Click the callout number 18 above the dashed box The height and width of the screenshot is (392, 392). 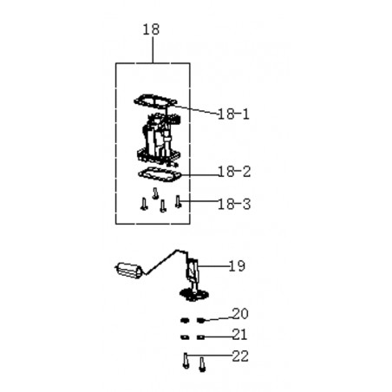click(151, 29)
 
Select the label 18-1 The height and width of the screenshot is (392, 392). click(233, 114)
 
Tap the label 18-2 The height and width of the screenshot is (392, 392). click(234, 172)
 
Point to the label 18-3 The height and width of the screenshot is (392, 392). click(234, 204)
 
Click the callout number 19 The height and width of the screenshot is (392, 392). click(237, 266)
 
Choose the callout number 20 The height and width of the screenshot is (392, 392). click(240, 314)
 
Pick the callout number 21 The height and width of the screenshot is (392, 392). click(240, 335)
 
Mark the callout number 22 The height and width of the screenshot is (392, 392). click(240, 356)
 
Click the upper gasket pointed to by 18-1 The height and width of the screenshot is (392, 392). click(155, 101)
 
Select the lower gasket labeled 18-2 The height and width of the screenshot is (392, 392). click(160, 174)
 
